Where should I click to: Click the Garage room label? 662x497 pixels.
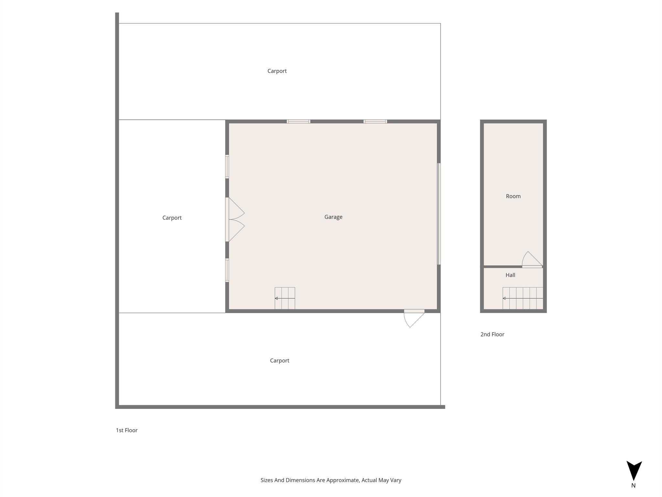(333, 217)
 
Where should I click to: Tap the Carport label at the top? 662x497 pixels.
(277, 71)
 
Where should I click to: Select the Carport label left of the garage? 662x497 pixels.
(172, 218)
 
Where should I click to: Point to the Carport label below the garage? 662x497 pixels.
(280, 361)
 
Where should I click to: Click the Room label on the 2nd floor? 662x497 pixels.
(513, 196)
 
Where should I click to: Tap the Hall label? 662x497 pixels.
(510, 275)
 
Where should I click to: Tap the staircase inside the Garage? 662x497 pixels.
(285, 298)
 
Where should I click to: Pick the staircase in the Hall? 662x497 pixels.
(523, 298)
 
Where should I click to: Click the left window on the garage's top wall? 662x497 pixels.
(298, 122)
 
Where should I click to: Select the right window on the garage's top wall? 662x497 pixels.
(375, 122)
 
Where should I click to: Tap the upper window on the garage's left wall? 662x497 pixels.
(227, 167)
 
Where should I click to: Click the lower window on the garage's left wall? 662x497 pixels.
(227, 270)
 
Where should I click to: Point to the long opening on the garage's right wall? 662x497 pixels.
(439, 214)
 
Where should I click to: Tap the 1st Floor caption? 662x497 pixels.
(127, 430)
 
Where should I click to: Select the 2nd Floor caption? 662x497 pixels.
(492, 335)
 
